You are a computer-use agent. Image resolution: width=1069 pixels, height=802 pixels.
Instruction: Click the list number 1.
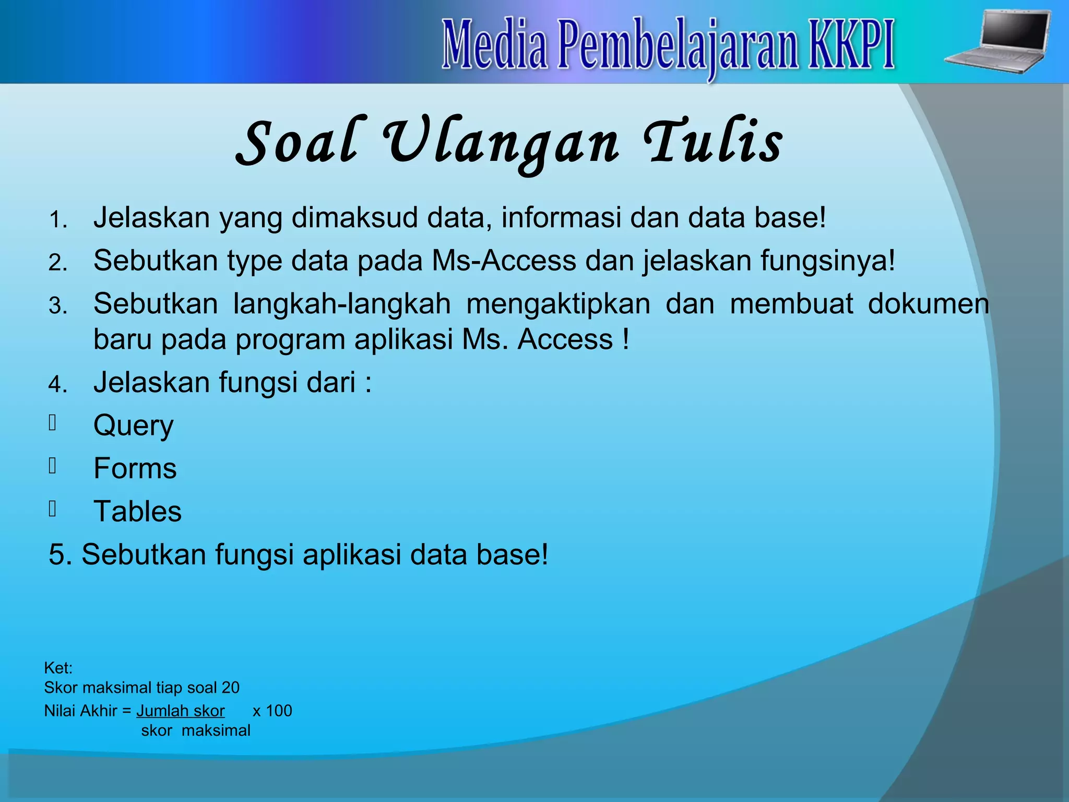[58, 220]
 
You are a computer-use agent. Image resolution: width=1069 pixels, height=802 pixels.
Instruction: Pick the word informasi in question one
[561, 217]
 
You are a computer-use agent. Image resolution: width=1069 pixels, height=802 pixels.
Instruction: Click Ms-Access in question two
[504, 260]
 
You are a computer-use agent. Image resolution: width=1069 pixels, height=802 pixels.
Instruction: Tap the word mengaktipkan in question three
[558, 304]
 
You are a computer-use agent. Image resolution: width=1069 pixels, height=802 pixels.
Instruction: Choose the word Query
[133, 426]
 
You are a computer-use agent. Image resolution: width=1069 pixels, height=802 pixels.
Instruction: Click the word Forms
[135, 468]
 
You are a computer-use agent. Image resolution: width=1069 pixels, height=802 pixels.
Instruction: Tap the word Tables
[137, 511]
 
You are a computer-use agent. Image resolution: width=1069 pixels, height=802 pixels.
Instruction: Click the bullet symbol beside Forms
[52, 465]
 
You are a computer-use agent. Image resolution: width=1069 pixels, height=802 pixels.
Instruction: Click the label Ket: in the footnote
[58, 668]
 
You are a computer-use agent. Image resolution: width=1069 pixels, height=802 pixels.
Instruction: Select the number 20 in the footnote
[230, 688]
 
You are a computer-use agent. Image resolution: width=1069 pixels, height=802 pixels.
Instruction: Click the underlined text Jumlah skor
[181, 711]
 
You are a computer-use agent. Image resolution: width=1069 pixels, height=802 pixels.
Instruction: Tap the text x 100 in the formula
[272, 711]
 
